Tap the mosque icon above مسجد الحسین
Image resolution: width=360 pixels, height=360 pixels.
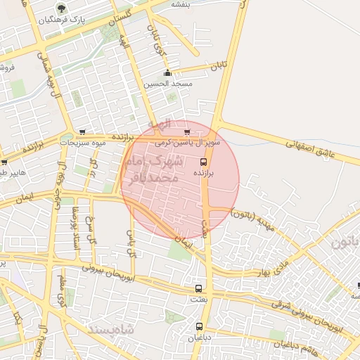167,73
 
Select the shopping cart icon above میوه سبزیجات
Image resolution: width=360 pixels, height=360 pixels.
83,131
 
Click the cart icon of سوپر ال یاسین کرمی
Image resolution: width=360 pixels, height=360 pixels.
186,131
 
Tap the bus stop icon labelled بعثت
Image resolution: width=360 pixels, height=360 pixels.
198,288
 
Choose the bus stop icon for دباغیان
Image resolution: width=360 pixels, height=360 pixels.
199,326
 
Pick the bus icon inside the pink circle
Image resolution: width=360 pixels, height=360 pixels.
204,161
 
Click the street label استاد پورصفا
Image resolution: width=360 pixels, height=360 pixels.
73,229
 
